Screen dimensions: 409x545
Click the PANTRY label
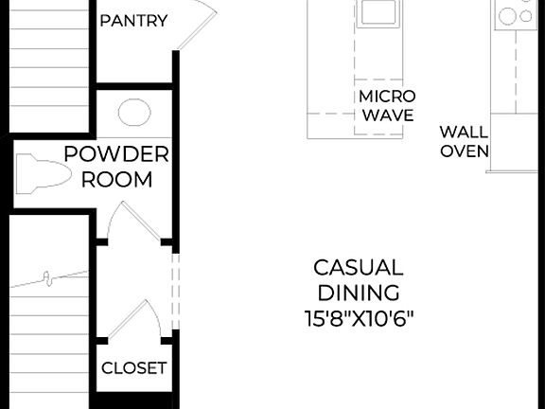click(x=133, y=21)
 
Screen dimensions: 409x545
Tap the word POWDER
click(x=116, y=154)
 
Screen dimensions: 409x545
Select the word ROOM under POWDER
click(x=116, y=179)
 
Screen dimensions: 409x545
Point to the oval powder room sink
click(x=133, y=113)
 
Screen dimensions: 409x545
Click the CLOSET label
click(x=133, y=367)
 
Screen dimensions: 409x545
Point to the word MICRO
click(x=386, y=97)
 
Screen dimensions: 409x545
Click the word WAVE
click(x=388, y=116)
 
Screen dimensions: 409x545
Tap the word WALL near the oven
click(x=463, y=132)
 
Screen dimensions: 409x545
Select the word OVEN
click(x=463, y=151)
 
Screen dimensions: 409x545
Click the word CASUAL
click(x=358, y=268)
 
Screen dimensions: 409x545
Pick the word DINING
click(x=358, y=293)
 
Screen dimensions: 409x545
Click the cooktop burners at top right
click(x=516, y=14)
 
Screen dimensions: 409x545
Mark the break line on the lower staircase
click(x=47, y=278)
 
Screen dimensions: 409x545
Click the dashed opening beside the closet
click(x=173, y=291)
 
